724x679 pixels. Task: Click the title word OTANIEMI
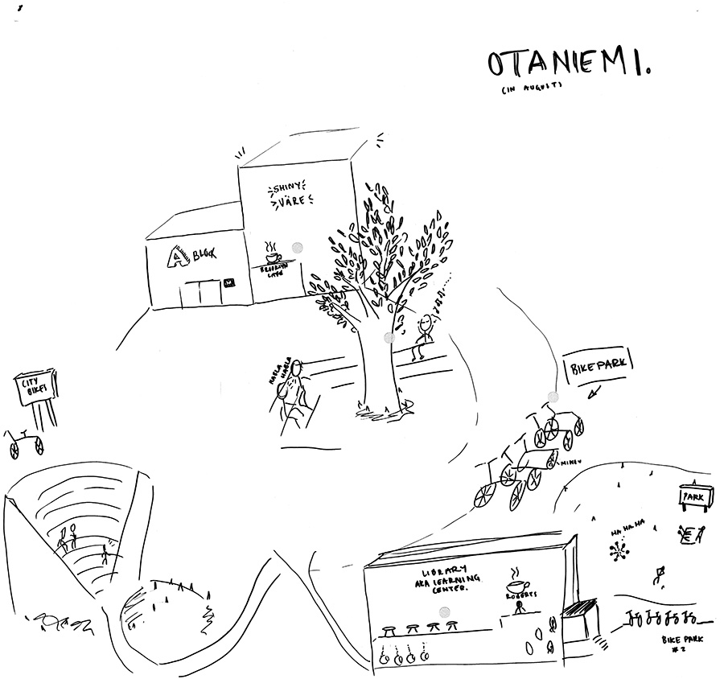click(568, 67)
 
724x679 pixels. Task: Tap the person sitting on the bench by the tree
click(422, 335)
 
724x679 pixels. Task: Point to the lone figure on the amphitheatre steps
click(105, 554)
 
